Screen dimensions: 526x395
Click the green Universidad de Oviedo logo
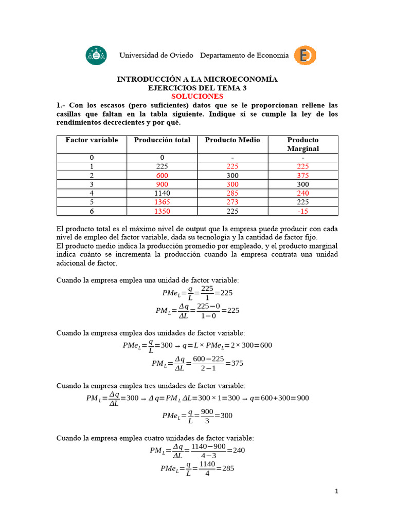pos(96,55)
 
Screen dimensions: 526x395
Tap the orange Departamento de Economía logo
pos(304,55)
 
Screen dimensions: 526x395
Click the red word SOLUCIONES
pos(197,96)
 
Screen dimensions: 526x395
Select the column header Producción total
pos(162,140)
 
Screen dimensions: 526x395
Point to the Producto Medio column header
pos(232,140)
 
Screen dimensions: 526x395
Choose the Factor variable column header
pos(92,140)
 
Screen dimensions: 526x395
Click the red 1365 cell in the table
pos(162,202)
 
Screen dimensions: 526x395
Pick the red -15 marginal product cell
pos(303,211)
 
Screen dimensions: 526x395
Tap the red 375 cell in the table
pos(303,175)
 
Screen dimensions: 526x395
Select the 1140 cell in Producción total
pos(162,193)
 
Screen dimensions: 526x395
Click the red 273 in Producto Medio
pos(232,202)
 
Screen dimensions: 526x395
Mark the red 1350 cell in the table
pos(162,211)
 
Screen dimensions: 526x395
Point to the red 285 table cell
pos(232,193)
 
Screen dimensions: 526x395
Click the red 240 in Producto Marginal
pos(303,193)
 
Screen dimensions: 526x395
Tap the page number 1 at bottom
pos(336,492)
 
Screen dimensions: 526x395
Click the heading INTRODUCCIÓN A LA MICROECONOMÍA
pos(197,80)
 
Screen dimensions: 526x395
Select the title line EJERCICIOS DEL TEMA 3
pos(197,88)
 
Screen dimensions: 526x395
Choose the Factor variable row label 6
pos(92,211)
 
